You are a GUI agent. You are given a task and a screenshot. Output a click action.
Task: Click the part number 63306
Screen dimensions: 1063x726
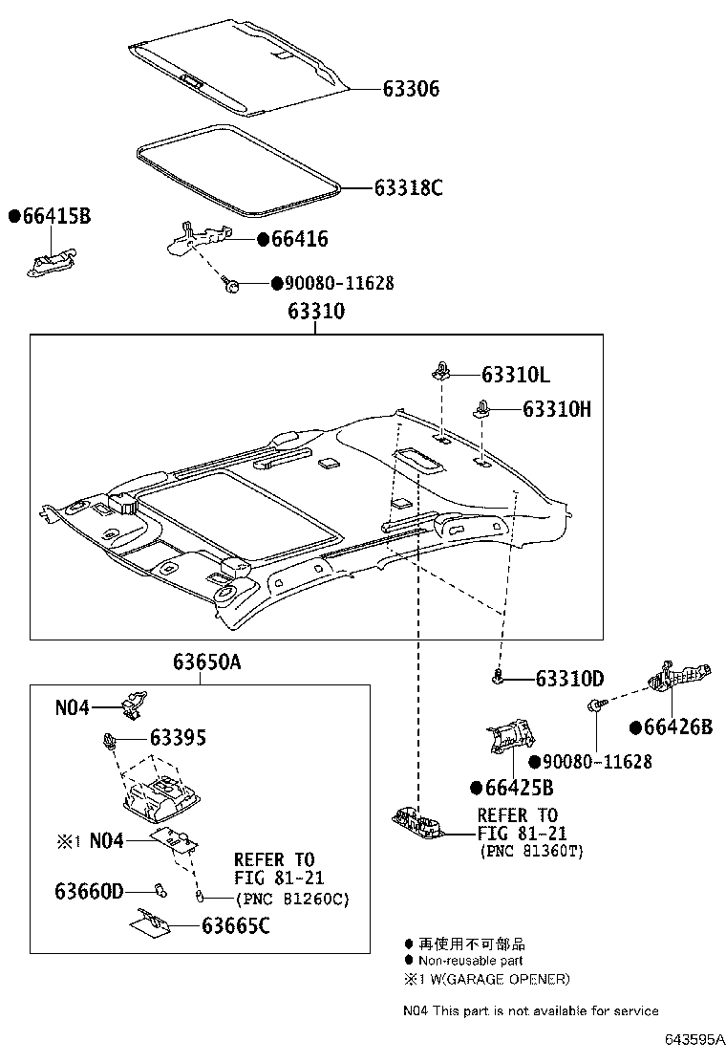tap(411, 89)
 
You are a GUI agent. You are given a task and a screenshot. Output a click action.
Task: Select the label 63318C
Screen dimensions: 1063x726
tap(408, 187)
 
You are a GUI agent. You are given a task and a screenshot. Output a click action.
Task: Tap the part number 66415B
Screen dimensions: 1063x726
tap(55, 217)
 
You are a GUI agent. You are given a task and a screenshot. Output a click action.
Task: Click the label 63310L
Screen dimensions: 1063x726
tap(516, 375)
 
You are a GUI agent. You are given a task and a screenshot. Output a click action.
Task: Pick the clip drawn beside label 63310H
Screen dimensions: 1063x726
tap(482, 412)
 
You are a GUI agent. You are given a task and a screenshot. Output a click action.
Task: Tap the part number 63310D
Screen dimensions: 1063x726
tap(569, 679)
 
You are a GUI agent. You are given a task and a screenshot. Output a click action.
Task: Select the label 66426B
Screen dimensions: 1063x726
tap(678, 727)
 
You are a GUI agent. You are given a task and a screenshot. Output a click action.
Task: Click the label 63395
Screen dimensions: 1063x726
tap(177, 738)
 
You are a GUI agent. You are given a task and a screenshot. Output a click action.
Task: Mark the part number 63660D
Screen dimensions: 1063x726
tap(89, 891)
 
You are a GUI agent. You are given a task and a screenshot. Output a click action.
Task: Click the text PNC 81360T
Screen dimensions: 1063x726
tap(530, 851)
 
